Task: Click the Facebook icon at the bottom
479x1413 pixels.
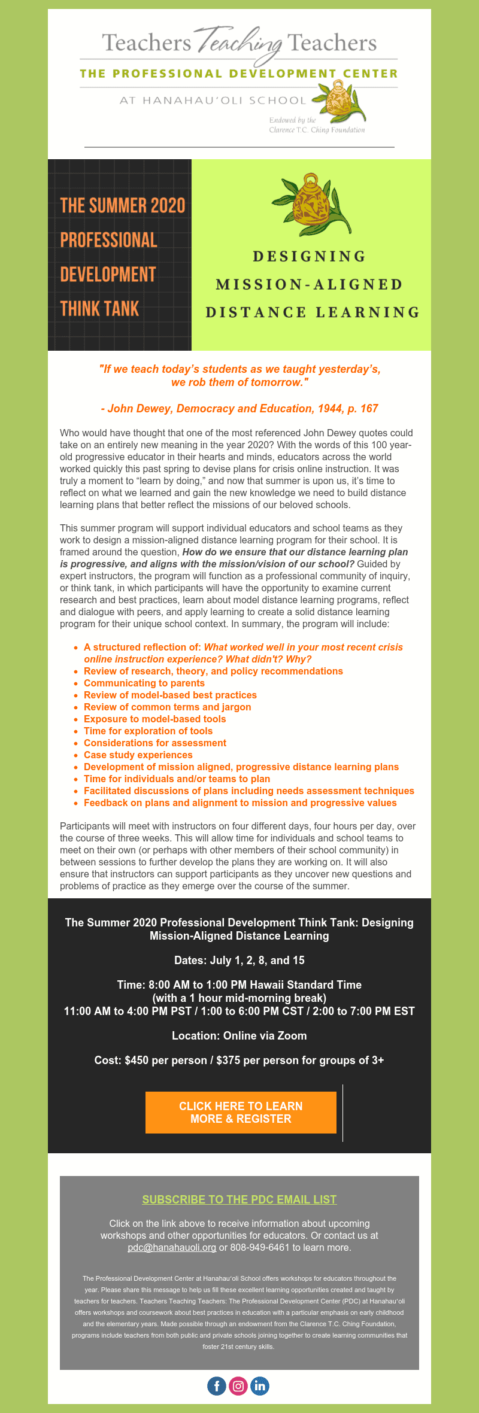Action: (217, 1385)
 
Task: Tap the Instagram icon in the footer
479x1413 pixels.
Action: (238, 1385)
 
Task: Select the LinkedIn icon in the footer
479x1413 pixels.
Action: (260, 1385)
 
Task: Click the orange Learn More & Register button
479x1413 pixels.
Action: (241, 1113)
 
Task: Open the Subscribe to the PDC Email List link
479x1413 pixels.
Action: (239, 1199)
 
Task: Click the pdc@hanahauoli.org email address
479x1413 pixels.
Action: (172, 1247)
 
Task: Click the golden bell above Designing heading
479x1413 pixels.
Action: (310, 204)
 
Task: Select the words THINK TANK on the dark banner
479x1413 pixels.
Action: (99, 309)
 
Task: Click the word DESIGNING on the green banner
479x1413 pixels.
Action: (310, 257)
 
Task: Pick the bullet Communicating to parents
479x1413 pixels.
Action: (144, 683)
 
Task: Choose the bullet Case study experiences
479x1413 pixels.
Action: (138, 755)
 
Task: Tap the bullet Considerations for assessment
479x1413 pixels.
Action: (155, 743)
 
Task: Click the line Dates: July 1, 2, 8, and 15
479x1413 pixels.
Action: (239, 960)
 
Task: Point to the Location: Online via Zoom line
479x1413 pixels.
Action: (239, 1035)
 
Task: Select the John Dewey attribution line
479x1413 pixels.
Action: (239, 408)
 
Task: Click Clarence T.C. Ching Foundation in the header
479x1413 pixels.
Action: (317, 130)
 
